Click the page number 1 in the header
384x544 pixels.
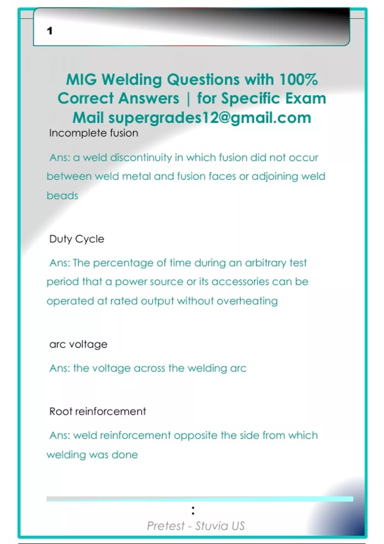coord(50,31)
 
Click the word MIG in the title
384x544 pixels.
coord(81,80)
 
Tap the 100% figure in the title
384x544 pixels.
coord(298,80)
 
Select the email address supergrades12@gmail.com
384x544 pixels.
coord(210,118)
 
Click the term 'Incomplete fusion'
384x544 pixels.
coord(93,133)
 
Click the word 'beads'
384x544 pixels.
coord(62,196)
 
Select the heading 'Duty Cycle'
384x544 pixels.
coord(77,239)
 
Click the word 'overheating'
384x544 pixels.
coord(247,301)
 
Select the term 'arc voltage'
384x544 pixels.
coord(78,344)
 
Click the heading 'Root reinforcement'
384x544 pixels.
coord(98,412)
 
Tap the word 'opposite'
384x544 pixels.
coord(196,436)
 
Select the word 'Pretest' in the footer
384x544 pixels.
coord(166,526)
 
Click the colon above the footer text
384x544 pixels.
coord(193,510)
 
